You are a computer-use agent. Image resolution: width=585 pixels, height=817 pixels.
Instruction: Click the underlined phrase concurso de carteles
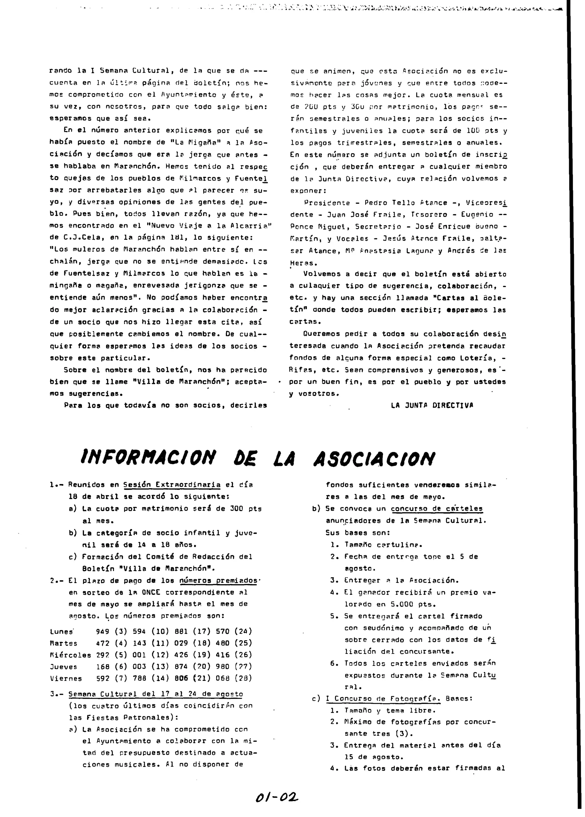tap(436, 509)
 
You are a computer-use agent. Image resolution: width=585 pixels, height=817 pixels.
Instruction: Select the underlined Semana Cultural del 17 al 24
tap(155, 694)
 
